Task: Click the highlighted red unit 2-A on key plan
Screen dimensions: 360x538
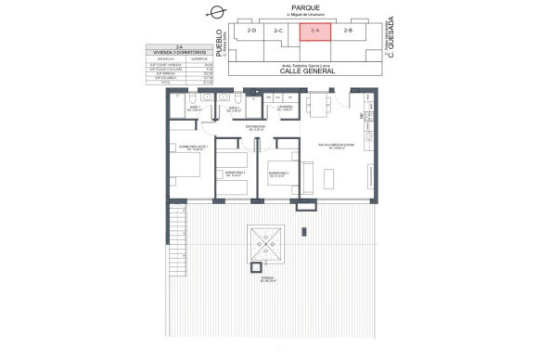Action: pyautogui.click(x=314, y=32)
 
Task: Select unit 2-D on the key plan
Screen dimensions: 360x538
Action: pyautogui.click(x=250, y=32)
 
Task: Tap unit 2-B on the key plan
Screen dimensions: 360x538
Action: pyautogui.click(x=348, y=32)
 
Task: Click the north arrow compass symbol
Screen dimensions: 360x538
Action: pyautogui.click(x=217, y=12)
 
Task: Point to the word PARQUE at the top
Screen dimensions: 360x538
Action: pyautogui.click(x=304, y=6)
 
